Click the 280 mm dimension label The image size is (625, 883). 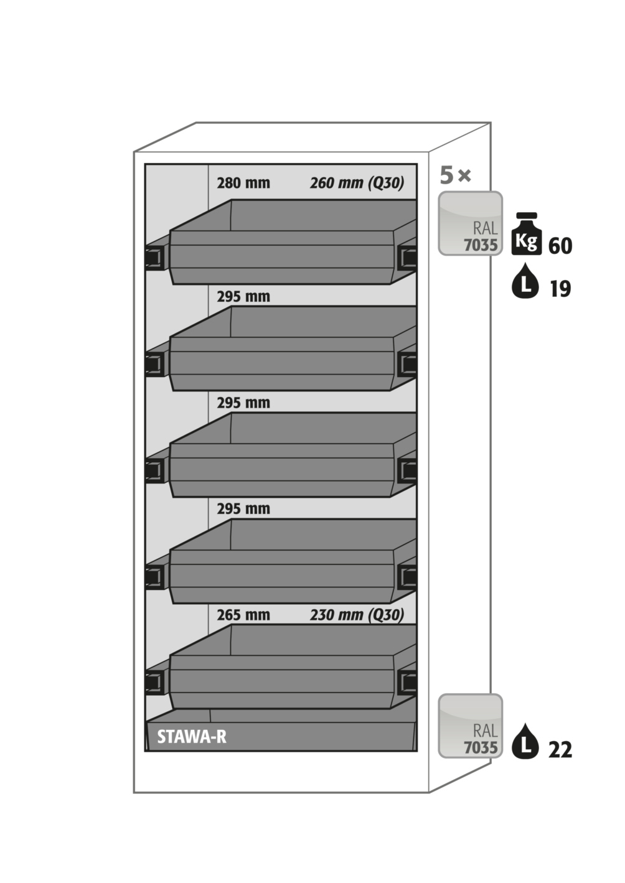(x=243, y=183)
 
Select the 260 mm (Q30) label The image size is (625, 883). (x=357, y=183)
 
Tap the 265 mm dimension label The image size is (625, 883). (x=243, y=615)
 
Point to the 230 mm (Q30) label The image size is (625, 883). (x=357, y=615)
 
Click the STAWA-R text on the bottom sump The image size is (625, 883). (x=191, y=737)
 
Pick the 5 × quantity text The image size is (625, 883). (x=455, y=175)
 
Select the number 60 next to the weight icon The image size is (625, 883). (x=560, y=246)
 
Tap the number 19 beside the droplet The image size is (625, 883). (x=560, y=289)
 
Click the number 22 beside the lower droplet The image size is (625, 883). (x=560, y=749)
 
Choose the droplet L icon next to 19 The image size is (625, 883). (x=525, y=284)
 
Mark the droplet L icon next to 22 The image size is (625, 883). (x=525, y=742)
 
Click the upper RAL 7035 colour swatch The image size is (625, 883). (x=470, y=223)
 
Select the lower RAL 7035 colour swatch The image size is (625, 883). (x=470, y=726)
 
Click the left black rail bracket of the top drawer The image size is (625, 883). (x=154, y=257)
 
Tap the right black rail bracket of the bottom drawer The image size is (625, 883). (x=408, y=683)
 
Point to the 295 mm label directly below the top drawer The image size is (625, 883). (x=243, y=296)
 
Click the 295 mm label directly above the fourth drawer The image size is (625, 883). (x=243, y=508)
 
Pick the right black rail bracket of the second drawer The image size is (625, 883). (x=408, y=363)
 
